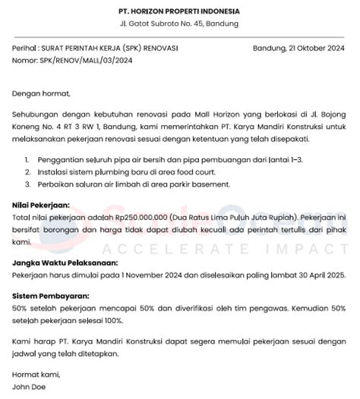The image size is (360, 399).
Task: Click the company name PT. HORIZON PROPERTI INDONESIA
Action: pos(179,11)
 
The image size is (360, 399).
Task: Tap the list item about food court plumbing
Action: pos(128,174)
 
